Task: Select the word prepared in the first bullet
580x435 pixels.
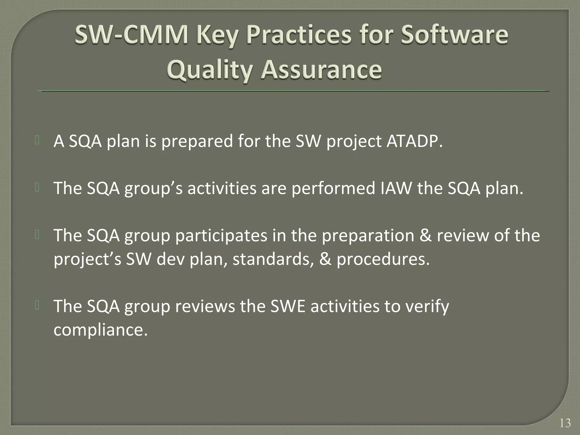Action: [197, 141]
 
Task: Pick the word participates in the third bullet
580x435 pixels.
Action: [221, 236]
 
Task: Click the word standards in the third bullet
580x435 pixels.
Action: [273, 259]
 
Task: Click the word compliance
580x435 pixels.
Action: [101, 330]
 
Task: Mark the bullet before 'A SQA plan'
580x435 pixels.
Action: [37, 140]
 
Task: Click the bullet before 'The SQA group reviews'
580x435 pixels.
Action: [37, 306]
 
